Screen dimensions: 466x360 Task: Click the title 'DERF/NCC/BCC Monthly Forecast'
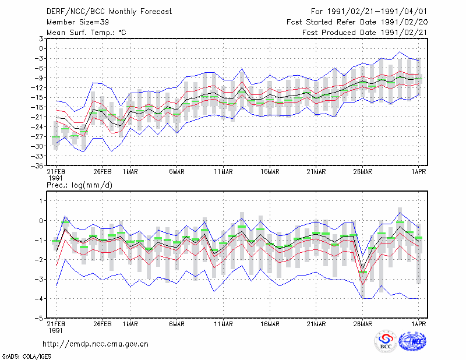point(109,12)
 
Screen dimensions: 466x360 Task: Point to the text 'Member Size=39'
point(77,22)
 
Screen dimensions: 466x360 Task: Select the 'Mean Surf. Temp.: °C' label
point(86,33)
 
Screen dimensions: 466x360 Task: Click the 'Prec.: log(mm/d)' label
point(79,185)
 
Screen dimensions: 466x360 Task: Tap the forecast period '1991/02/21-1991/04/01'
point(377,12)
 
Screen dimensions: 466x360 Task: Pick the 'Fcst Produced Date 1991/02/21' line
point(365,33)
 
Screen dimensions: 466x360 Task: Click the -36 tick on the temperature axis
point(37,166)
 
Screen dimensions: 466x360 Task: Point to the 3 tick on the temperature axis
point(41,38)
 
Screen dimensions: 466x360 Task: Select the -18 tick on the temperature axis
point(37,107)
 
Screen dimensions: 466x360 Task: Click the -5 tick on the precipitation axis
point(39,318)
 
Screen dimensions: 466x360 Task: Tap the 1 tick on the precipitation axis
point(41,201)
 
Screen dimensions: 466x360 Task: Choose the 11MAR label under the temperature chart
point(224,172)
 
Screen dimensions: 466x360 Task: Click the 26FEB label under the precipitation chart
point(103,324)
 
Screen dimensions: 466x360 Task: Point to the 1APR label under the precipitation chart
point(419,324)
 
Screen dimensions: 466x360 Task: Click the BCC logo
point(386,341)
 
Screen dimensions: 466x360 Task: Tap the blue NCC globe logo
point(412,341)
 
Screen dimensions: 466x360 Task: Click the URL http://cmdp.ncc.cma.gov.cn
point(96,344)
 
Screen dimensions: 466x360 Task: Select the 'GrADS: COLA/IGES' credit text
point(26,357)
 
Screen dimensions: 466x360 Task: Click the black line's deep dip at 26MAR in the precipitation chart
point(362,269)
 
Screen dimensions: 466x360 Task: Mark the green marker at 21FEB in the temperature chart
point(56,137)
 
